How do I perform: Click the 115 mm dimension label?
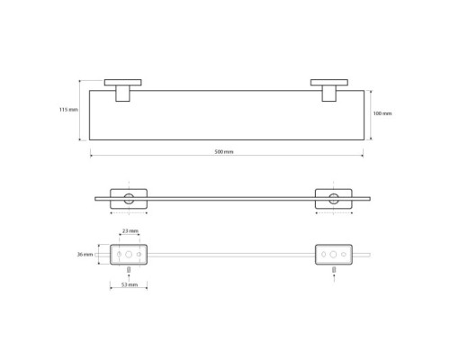68,110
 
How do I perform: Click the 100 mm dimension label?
382,113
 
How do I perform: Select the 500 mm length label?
224,152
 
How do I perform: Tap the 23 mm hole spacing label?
130,231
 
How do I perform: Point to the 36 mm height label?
85,255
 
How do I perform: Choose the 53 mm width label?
130,284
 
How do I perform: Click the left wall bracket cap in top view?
123,83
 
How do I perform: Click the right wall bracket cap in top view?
329,83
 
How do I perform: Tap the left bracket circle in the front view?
129,199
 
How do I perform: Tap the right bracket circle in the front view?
334,199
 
